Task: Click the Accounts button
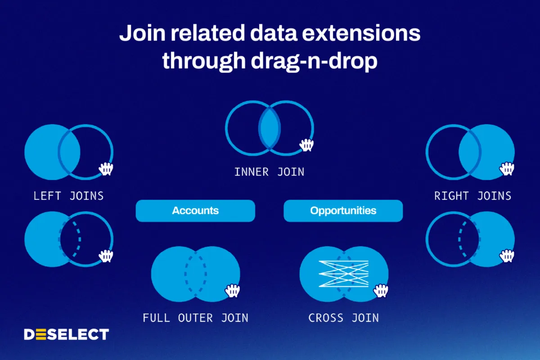coord(195,211)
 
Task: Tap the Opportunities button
coord(343,211)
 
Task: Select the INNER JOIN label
coord(269,172)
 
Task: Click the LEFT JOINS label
coord(68,196)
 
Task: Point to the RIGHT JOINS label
coord(473,196)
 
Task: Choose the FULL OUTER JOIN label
coord(195,318)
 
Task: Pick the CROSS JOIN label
coord(344,318)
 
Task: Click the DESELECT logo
coord(66,334)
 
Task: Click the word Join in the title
coord(143,33)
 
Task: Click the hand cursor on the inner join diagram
coord(306,145)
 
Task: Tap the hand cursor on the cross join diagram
coord(381,291)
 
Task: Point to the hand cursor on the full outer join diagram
coord(232,291)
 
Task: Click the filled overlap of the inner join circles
coord(270,128)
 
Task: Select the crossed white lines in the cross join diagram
coord(343,274)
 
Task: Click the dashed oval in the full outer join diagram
coord(185,274)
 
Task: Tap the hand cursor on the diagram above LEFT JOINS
coord(106,169)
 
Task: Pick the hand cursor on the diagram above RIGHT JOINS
coord(507,169)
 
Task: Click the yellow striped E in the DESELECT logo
coord(41,334)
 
